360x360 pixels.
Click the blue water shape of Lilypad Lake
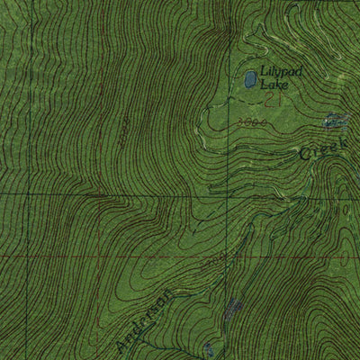tap(247, 81)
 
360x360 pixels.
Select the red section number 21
tap(262, 102)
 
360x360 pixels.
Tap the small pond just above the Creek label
tap(335, 119)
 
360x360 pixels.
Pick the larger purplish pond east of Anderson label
tap(234, 311)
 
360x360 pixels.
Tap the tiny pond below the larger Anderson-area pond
tap(209, 347)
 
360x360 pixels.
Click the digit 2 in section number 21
tap(257, 102)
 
